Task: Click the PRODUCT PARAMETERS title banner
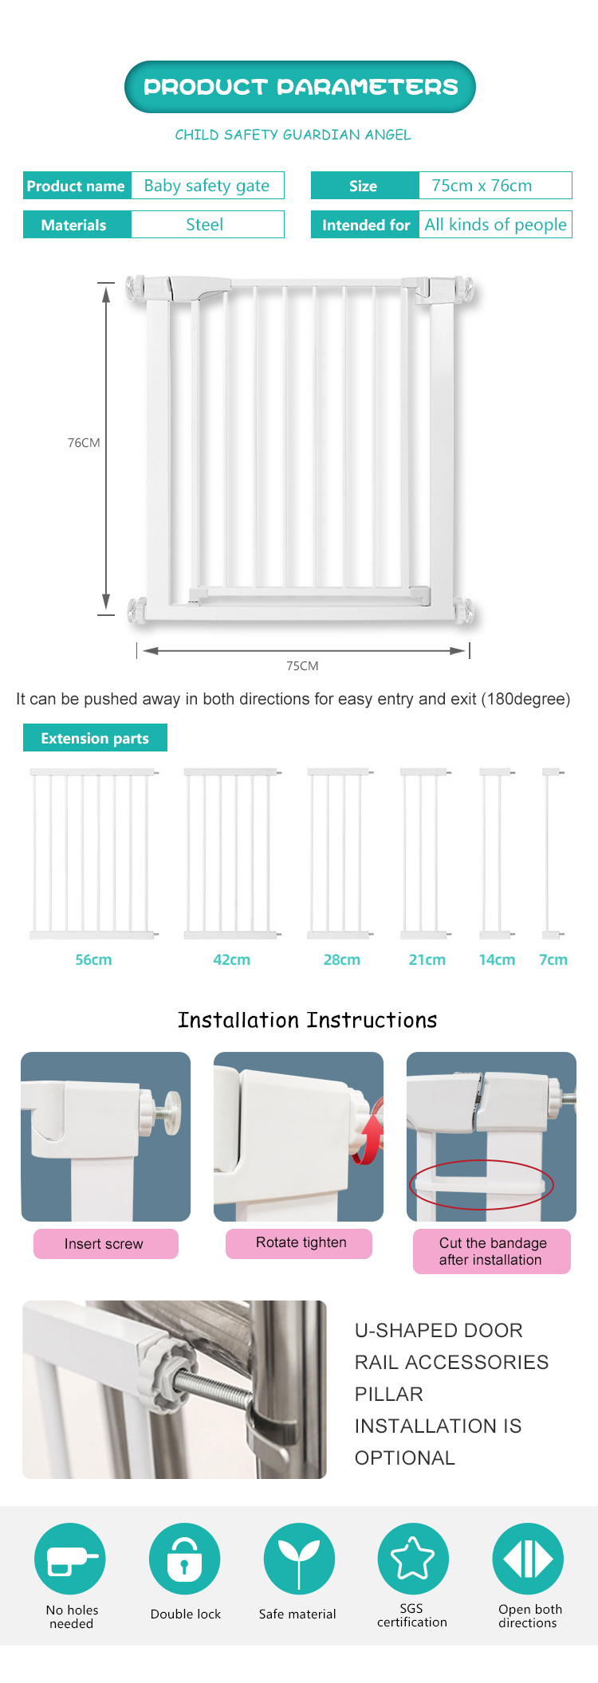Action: coord(300,87)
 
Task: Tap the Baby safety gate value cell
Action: coord(207,186)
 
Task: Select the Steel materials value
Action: coord(207,225)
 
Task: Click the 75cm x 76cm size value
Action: coord(495,186)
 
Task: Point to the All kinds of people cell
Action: coord(495,225)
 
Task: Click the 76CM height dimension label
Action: coord(84,443)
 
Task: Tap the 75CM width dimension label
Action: coord(302,666)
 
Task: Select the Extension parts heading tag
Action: coord(95,738)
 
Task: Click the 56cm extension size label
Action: coord(93,960)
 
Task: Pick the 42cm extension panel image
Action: coord(232,853)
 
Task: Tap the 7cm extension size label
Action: coord(553,960)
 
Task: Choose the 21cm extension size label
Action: coord(427,960)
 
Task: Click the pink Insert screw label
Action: coord(105,1244)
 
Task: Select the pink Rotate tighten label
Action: coord(299,1243)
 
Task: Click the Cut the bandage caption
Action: coord(492,1251)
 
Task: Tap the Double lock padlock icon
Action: coord(184,1559)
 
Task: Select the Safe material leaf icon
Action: coord(299,1559)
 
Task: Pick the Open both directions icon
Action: coord(528,1559)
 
